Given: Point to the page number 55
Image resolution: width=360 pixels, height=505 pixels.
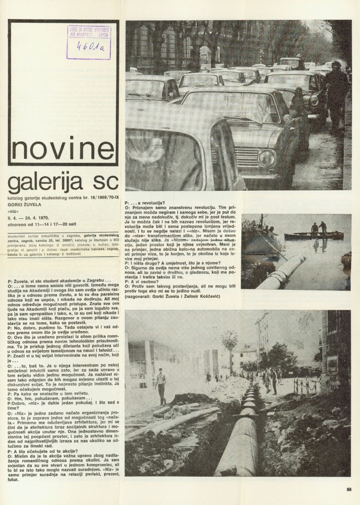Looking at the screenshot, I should pos(349,490).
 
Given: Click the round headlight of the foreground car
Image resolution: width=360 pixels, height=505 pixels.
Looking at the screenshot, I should pos(267,158).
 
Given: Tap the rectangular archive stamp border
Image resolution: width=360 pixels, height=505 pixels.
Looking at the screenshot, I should pos(89,42).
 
